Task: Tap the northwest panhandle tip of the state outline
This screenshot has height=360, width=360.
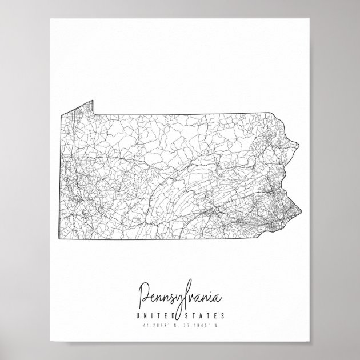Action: tap(91, 101)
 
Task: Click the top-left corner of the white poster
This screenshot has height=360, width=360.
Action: tap(50, 18)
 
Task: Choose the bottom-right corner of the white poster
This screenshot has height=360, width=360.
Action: tap(309, 341)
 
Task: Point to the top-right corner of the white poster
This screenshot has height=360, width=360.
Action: tap(309, 18)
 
